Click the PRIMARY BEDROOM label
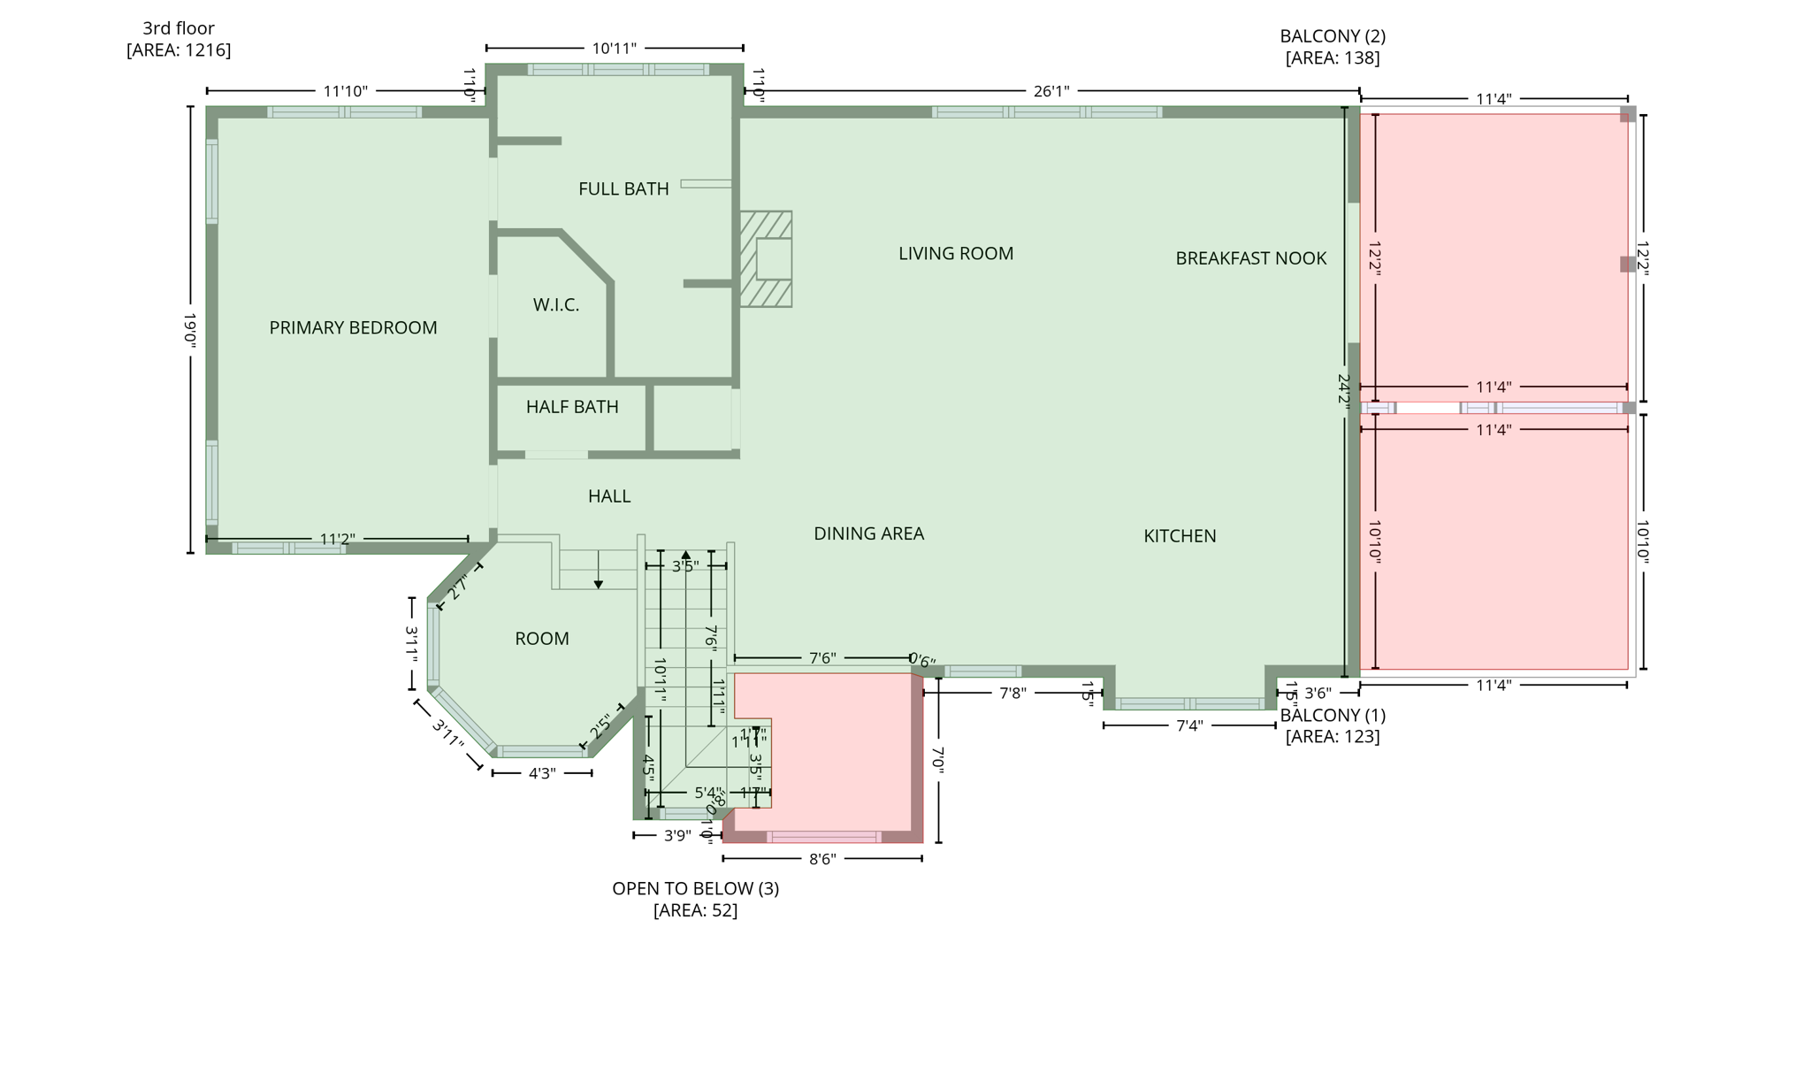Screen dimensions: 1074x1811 [353, 328]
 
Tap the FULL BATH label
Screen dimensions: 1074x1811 [623, 188]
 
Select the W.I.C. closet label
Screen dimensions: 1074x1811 [556, 305]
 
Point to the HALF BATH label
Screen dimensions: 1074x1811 [572, 407]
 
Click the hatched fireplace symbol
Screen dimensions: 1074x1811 [766, 259]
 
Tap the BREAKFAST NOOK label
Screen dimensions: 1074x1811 [1250, 258]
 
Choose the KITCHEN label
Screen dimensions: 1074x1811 [1180, 536]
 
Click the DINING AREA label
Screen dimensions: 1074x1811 [868, 533]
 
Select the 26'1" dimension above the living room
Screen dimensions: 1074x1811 [1051, 91]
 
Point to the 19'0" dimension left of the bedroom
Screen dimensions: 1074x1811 [190, 328]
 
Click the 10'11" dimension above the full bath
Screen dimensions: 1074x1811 [614, 49]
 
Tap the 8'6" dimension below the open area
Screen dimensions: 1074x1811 [822, 859]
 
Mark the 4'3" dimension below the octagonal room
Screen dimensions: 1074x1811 [542, 773]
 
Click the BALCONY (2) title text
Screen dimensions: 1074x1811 [1333, 36]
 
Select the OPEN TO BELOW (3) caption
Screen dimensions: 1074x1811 [695, 888]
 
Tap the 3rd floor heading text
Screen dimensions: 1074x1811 [179, 28]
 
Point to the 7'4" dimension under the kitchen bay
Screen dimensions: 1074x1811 [1189, 726]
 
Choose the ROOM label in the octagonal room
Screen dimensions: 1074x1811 [542, 639]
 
